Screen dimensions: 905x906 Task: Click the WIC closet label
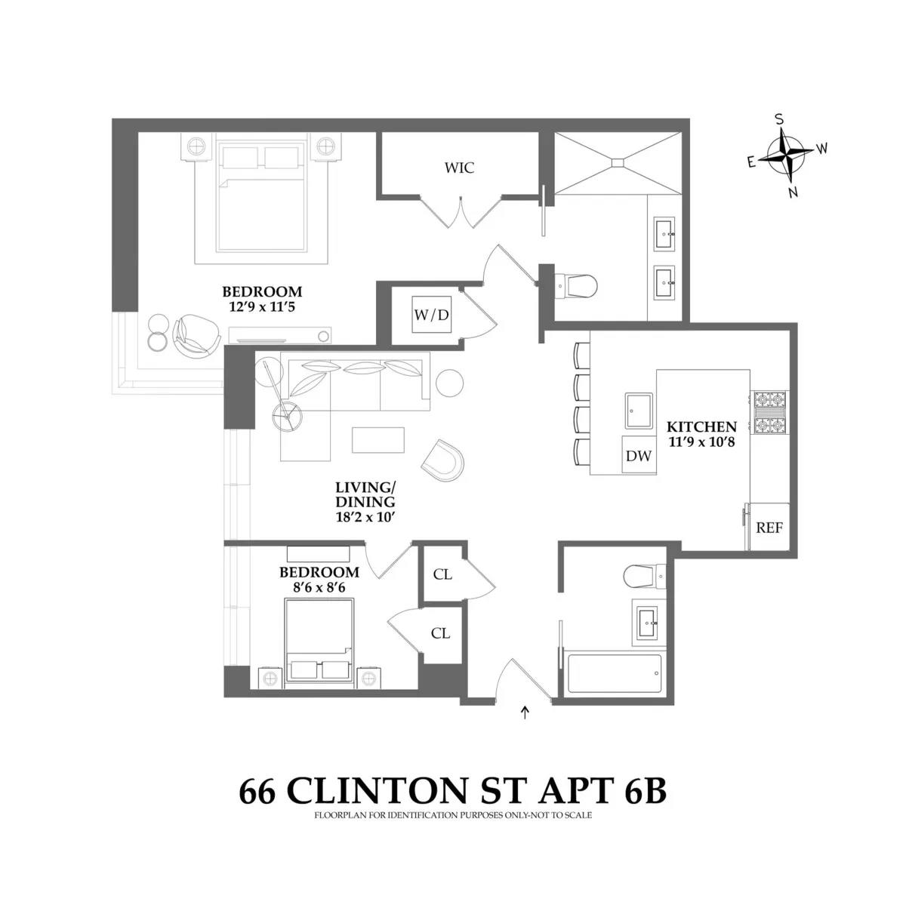tap(459, 168)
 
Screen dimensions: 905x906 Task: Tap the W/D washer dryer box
tap(431, 314)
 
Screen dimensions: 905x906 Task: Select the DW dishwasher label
tap(639, 456)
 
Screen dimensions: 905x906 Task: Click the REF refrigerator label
tap(769, 528)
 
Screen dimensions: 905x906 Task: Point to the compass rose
tap(787, 155)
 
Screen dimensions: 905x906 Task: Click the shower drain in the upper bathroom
tap(618, 162)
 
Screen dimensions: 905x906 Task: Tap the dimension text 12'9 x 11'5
tap(261, 307)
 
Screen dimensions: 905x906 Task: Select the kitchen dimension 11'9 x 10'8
tap(701, 442)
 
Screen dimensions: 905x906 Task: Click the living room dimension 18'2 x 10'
tap(365, 518)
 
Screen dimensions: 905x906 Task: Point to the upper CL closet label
tap(442, 574)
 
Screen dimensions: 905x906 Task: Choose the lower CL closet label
tap(440, 633)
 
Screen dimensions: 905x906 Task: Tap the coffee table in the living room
tap(378, 440)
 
